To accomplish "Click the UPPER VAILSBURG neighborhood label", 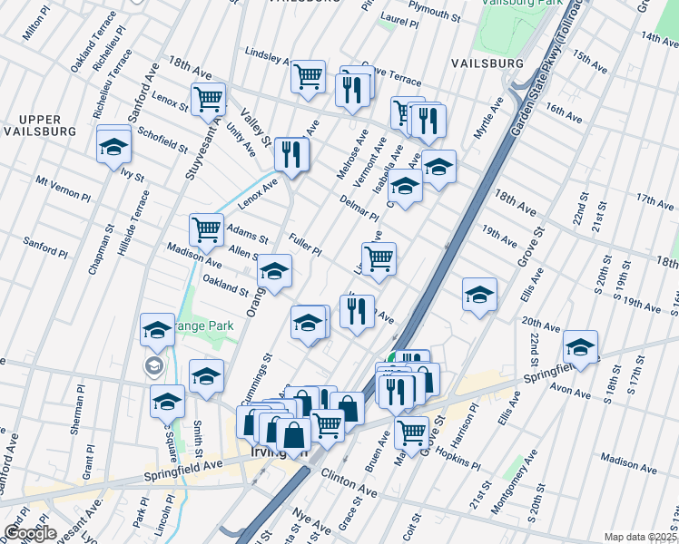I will tap(33, 125).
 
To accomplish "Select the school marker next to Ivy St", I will tap(113, 143).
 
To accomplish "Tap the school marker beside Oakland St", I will tap(274, 270).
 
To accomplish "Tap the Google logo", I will tap(30, 533).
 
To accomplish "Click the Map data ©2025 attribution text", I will tap(639, 537).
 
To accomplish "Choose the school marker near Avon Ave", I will tap(580, 345).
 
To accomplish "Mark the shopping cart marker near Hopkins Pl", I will tap(412, 433).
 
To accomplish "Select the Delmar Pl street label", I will tap(359, 208).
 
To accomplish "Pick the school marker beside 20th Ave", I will tap(479, 294).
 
